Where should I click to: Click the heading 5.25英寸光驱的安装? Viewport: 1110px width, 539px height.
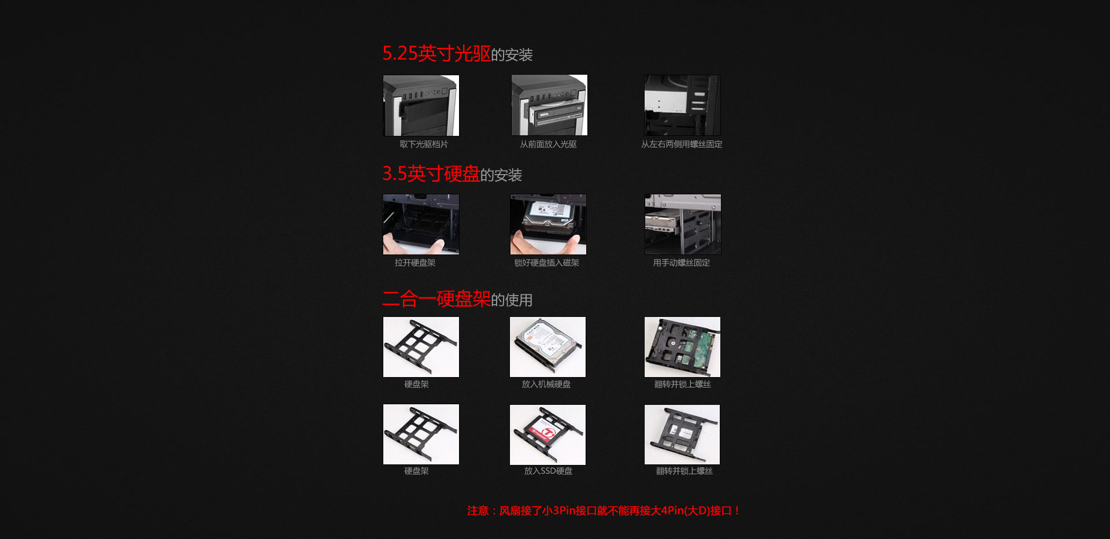click(x=457, y=54)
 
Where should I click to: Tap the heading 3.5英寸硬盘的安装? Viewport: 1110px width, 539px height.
click(x=452, y=173)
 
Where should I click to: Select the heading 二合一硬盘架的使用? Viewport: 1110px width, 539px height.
click(x=457, y=299)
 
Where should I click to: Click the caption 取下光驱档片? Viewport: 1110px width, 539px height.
click(x=424, y=144)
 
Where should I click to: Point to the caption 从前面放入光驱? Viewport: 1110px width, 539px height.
click(x=548, y=144)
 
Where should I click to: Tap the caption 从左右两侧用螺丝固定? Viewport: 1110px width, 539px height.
click(x=682, y=144)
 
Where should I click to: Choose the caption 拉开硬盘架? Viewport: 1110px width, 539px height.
click(x=415, y=263)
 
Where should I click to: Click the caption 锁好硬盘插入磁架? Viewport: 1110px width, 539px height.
click(x=547, y=263)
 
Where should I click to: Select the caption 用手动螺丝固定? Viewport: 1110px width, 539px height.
click(x=682, y=263)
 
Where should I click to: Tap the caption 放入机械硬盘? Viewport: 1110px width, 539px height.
click(x=546, y=384)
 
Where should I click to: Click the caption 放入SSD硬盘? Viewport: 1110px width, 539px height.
click(x=548, y=471)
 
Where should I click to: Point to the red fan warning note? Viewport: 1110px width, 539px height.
click(x=604, y=511)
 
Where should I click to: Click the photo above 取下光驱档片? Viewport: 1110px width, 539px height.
click(x=421, y=105)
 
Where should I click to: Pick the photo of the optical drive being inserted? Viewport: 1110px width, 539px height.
click(x=549, y=105)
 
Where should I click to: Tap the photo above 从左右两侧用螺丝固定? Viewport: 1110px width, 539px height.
click(x=683, y=105)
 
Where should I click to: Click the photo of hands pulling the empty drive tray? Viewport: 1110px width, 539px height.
click(x=421, y=224)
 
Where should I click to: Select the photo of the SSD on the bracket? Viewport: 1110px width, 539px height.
click(x=547, y=435)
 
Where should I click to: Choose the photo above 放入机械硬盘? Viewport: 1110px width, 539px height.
click(x=547, y=347)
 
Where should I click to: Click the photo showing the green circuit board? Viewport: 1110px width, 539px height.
click(x=683, y=347)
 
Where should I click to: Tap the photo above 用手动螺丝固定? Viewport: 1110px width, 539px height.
click(x=683, y=224)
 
